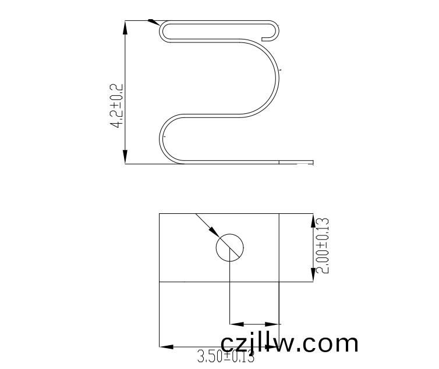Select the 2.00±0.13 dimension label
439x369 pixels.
(x=322, y=245)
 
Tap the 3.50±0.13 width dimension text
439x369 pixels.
(x=226, y=356)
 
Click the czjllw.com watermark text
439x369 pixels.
(x=289, y=343)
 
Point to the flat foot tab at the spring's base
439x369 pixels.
(x=297, y=162)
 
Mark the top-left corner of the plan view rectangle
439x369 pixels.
(x=160, y=214)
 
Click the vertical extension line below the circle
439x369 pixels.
(x=231, y=291)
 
